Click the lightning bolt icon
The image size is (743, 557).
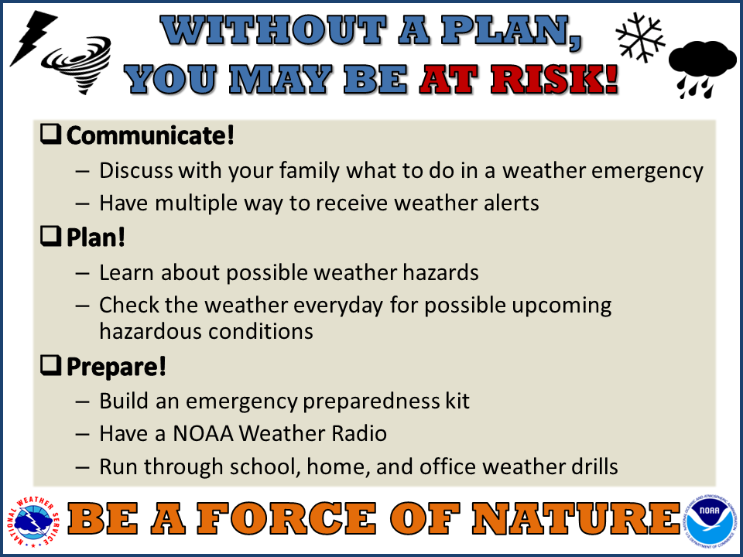(33, 37)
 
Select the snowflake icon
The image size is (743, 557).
(640, 37)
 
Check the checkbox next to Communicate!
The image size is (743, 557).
(51, 134)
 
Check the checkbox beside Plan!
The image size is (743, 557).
(51, 236)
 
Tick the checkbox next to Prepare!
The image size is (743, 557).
(51, 365)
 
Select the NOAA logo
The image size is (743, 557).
(710, 521)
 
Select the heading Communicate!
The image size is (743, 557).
(150, 135)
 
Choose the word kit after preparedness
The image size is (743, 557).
(457, 401)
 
